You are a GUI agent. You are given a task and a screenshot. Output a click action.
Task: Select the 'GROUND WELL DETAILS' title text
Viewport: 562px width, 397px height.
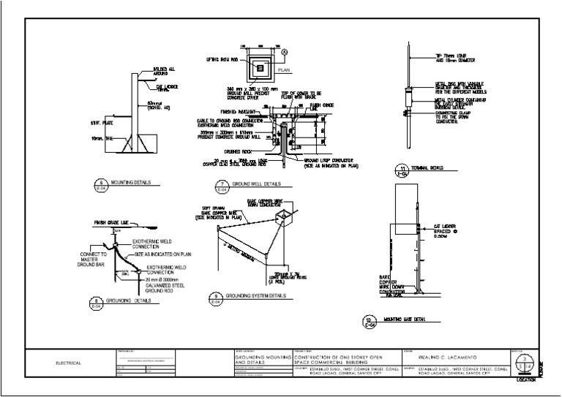tap(257, 184)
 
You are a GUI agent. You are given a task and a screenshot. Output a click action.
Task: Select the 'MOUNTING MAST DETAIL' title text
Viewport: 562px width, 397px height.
tap(408, 320)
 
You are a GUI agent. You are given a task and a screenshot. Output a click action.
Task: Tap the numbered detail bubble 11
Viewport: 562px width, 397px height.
tap(401, 170)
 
